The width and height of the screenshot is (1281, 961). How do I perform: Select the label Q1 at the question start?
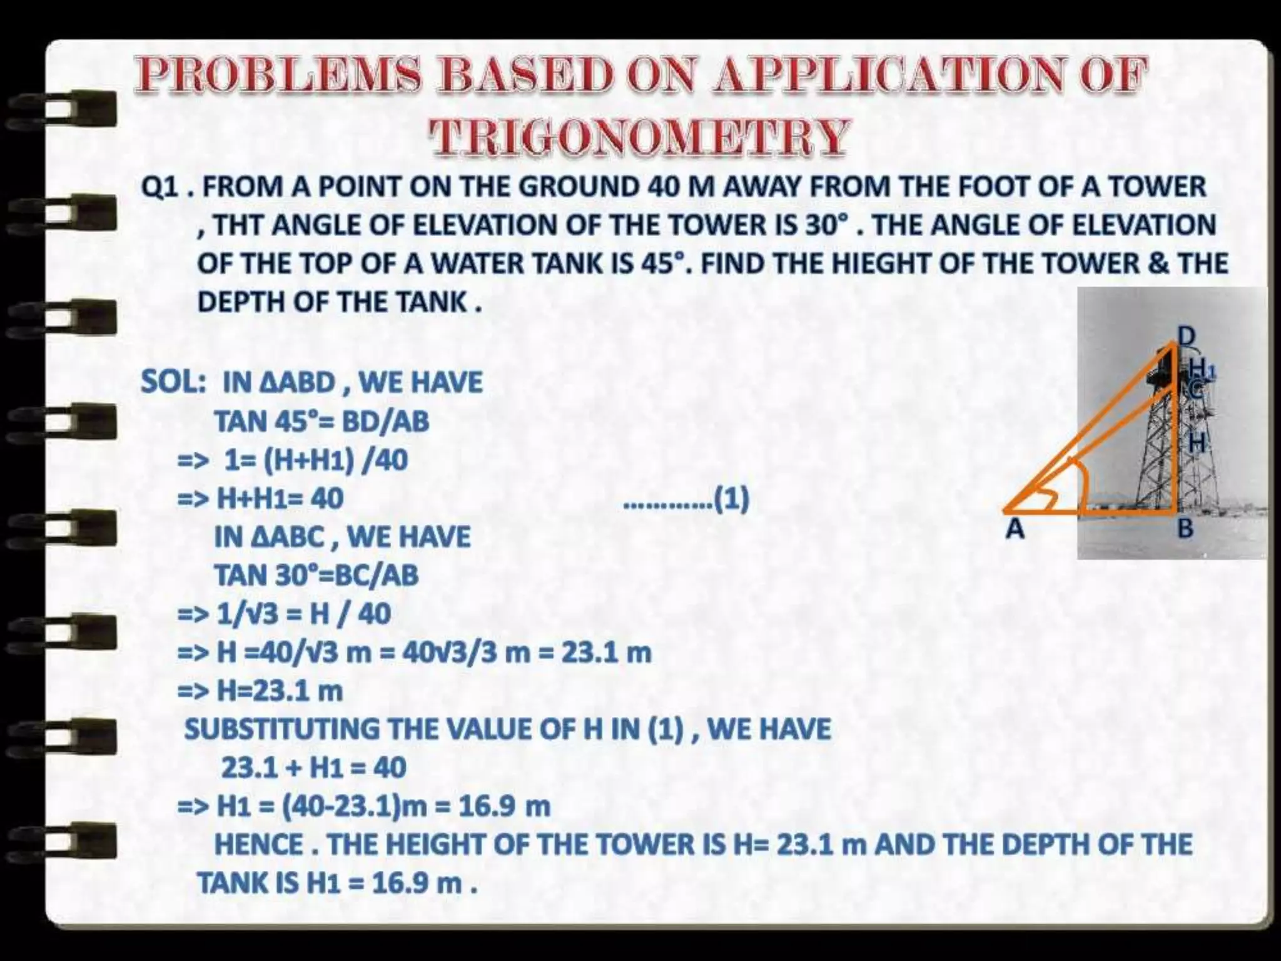click(x=161, y=187)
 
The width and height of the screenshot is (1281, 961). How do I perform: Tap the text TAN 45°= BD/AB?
click(x=322, y=421)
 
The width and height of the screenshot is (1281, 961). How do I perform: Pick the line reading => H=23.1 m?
click(x=260, y=691)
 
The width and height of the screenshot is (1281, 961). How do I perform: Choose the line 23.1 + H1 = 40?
click(x=313, y=768)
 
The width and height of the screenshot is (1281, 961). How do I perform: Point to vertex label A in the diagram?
click(x=1015, y=529)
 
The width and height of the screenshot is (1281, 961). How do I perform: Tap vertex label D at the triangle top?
click(x=1186, y=337)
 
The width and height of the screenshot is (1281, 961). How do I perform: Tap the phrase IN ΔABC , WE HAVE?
click(x=342, y=537)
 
